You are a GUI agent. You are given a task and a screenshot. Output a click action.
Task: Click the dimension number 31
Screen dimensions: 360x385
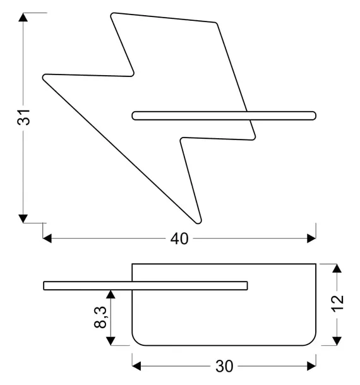click(24, 117)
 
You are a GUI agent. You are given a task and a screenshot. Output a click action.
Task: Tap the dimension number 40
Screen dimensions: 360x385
click(179, 239)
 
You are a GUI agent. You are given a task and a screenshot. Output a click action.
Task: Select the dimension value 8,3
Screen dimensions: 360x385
click(100, 317)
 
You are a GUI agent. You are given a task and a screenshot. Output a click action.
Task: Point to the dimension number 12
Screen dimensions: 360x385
click(338, 304)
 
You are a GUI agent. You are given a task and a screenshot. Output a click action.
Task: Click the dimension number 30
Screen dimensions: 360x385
click(224, 366)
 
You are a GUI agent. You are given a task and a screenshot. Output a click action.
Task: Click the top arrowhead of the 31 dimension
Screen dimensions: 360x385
click(23, 17)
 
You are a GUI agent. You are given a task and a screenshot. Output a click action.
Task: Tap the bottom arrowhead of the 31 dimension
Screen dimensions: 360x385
click(23, 218)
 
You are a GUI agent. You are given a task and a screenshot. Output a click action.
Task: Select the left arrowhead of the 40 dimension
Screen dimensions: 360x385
click(47, 239)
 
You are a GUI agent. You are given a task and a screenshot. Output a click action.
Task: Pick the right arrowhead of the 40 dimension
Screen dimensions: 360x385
click(311, 239)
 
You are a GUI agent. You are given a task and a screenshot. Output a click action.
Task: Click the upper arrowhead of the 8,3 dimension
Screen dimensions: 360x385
click(111, 294)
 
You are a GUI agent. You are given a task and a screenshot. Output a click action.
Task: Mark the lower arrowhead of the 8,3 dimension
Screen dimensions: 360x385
click(111, 341)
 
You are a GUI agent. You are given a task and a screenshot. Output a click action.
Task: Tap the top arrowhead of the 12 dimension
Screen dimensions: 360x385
click(337, 268)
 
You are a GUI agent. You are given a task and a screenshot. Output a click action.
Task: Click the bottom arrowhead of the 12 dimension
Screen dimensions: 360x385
click(337, 341)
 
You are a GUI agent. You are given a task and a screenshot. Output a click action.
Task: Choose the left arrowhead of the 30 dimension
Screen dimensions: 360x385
click(136, 366)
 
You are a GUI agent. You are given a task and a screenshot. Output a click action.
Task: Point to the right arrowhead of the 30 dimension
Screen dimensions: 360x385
click(311, 366)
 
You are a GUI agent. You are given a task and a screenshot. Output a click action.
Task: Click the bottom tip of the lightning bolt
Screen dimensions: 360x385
click(198, 223)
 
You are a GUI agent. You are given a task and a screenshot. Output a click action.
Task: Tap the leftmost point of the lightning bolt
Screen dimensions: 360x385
click(43, 77)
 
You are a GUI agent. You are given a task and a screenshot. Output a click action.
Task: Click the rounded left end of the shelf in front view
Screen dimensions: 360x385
click(133, 115)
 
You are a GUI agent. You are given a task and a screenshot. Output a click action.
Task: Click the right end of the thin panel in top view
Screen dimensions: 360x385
click(248, 286)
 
